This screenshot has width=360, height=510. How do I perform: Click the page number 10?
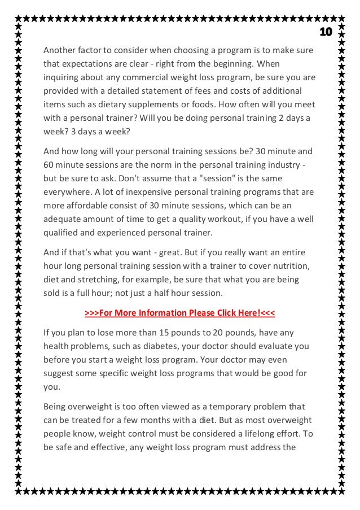click(x=326, y=31)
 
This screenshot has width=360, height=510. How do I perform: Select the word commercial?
click(x=155, y=77)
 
